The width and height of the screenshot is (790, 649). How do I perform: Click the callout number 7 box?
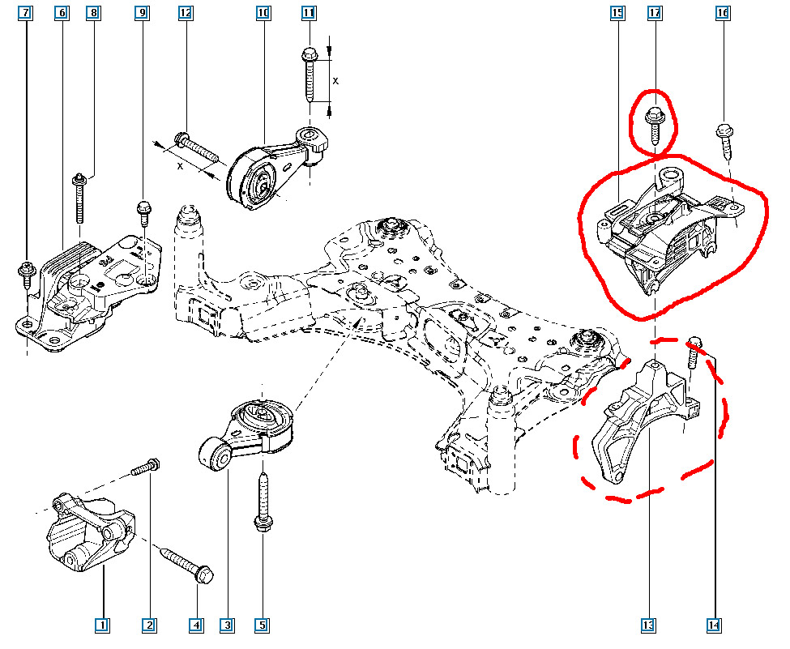(x=27, y=13)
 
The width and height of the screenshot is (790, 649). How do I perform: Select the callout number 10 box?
(x=263, y=13)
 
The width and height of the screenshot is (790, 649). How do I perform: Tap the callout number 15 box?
(x=617, y=13)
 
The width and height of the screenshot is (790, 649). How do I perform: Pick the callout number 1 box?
(x=102, y=625)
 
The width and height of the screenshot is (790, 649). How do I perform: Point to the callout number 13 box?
(x=648, y=625)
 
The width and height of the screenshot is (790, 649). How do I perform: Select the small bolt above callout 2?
(x=146, y=468)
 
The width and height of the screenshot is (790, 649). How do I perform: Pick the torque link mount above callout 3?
(x=247, y=429)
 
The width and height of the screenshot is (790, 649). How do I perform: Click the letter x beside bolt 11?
(x=335, y=82)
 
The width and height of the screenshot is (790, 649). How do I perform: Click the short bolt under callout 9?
(x=143, y=212)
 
